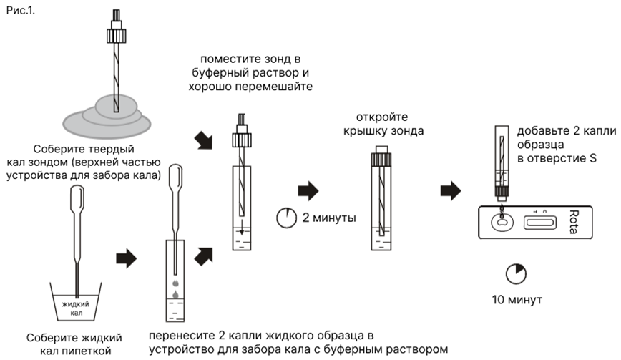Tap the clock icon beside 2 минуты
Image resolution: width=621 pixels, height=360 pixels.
click(286, 216)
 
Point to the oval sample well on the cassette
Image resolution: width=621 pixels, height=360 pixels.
click(501, 223)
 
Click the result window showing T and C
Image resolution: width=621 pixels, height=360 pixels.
click(540, 223)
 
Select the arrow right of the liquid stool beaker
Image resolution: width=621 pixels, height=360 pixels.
click(126, 258)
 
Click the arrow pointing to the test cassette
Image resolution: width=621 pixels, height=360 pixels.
click(450, 190)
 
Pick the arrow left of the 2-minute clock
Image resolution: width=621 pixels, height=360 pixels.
click(307, 190)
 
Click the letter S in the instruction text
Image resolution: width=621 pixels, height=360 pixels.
click(593, 157)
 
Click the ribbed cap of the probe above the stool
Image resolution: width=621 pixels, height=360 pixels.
click(117, 34)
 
